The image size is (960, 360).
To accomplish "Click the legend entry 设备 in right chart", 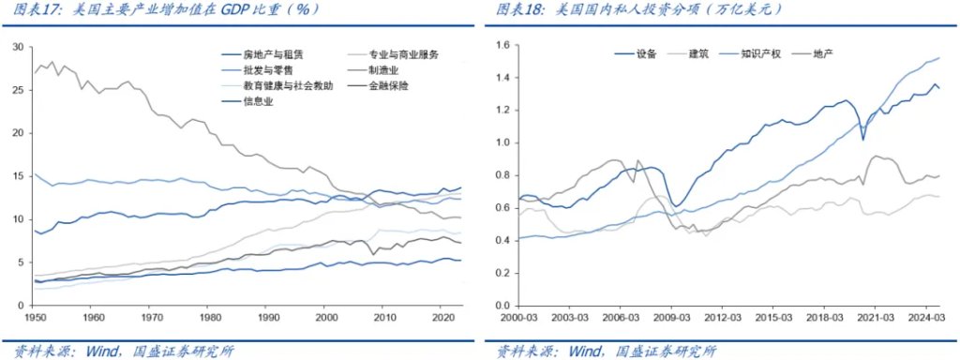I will click(647, 54).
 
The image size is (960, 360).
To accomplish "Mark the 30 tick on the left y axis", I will click(19, 46).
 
